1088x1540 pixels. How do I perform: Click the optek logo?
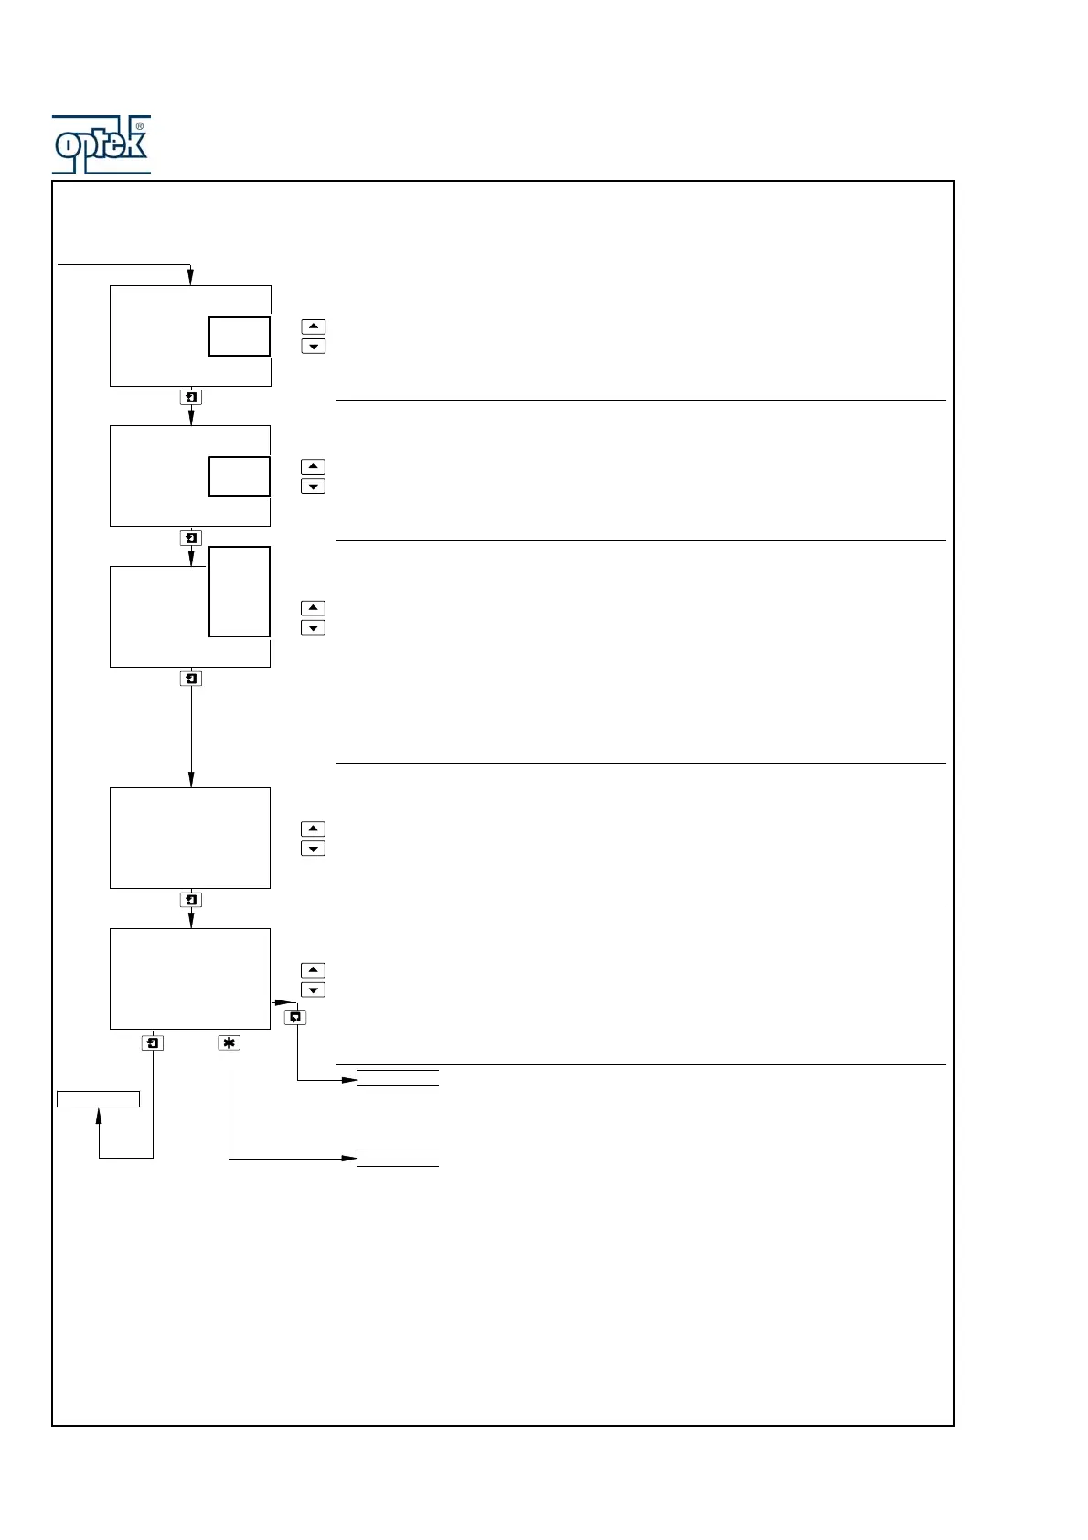(x=101, y=144)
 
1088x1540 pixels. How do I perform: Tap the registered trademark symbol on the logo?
(x=139, y=126)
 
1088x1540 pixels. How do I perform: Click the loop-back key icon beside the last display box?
(x=295, y=1017)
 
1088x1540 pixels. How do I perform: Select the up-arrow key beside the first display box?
(x=313, y=326)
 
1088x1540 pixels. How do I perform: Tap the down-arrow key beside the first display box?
(x=313, y=347)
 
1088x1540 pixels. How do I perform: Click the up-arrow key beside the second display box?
(x=313, y=466)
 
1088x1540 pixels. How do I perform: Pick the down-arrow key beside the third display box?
(x=313, y=628)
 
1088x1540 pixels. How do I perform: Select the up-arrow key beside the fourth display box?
(x=313, y=829)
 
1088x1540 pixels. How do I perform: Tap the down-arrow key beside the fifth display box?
(x=313, y=990)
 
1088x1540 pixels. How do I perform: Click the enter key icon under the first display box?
(x=191, y=398)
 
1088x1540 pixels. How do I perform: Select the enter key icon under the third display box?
(x=191, y=679)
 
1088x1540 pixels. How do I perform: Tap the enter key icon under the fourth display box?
(x=191, y=900)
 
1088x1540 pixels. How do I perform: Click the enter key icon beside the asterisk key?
(x=153, y=1043)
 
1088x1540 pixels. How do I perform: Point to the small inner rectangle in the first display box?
(x=240, y=337)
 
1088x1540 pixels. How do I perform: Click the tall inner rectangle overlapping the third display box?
(x=240, y=592)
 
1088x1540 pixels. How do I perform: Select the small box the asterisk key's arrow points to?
(x=398, y=1159)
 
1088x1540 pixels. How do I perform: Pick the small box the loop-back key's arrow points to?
(x=398, y=1078)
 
